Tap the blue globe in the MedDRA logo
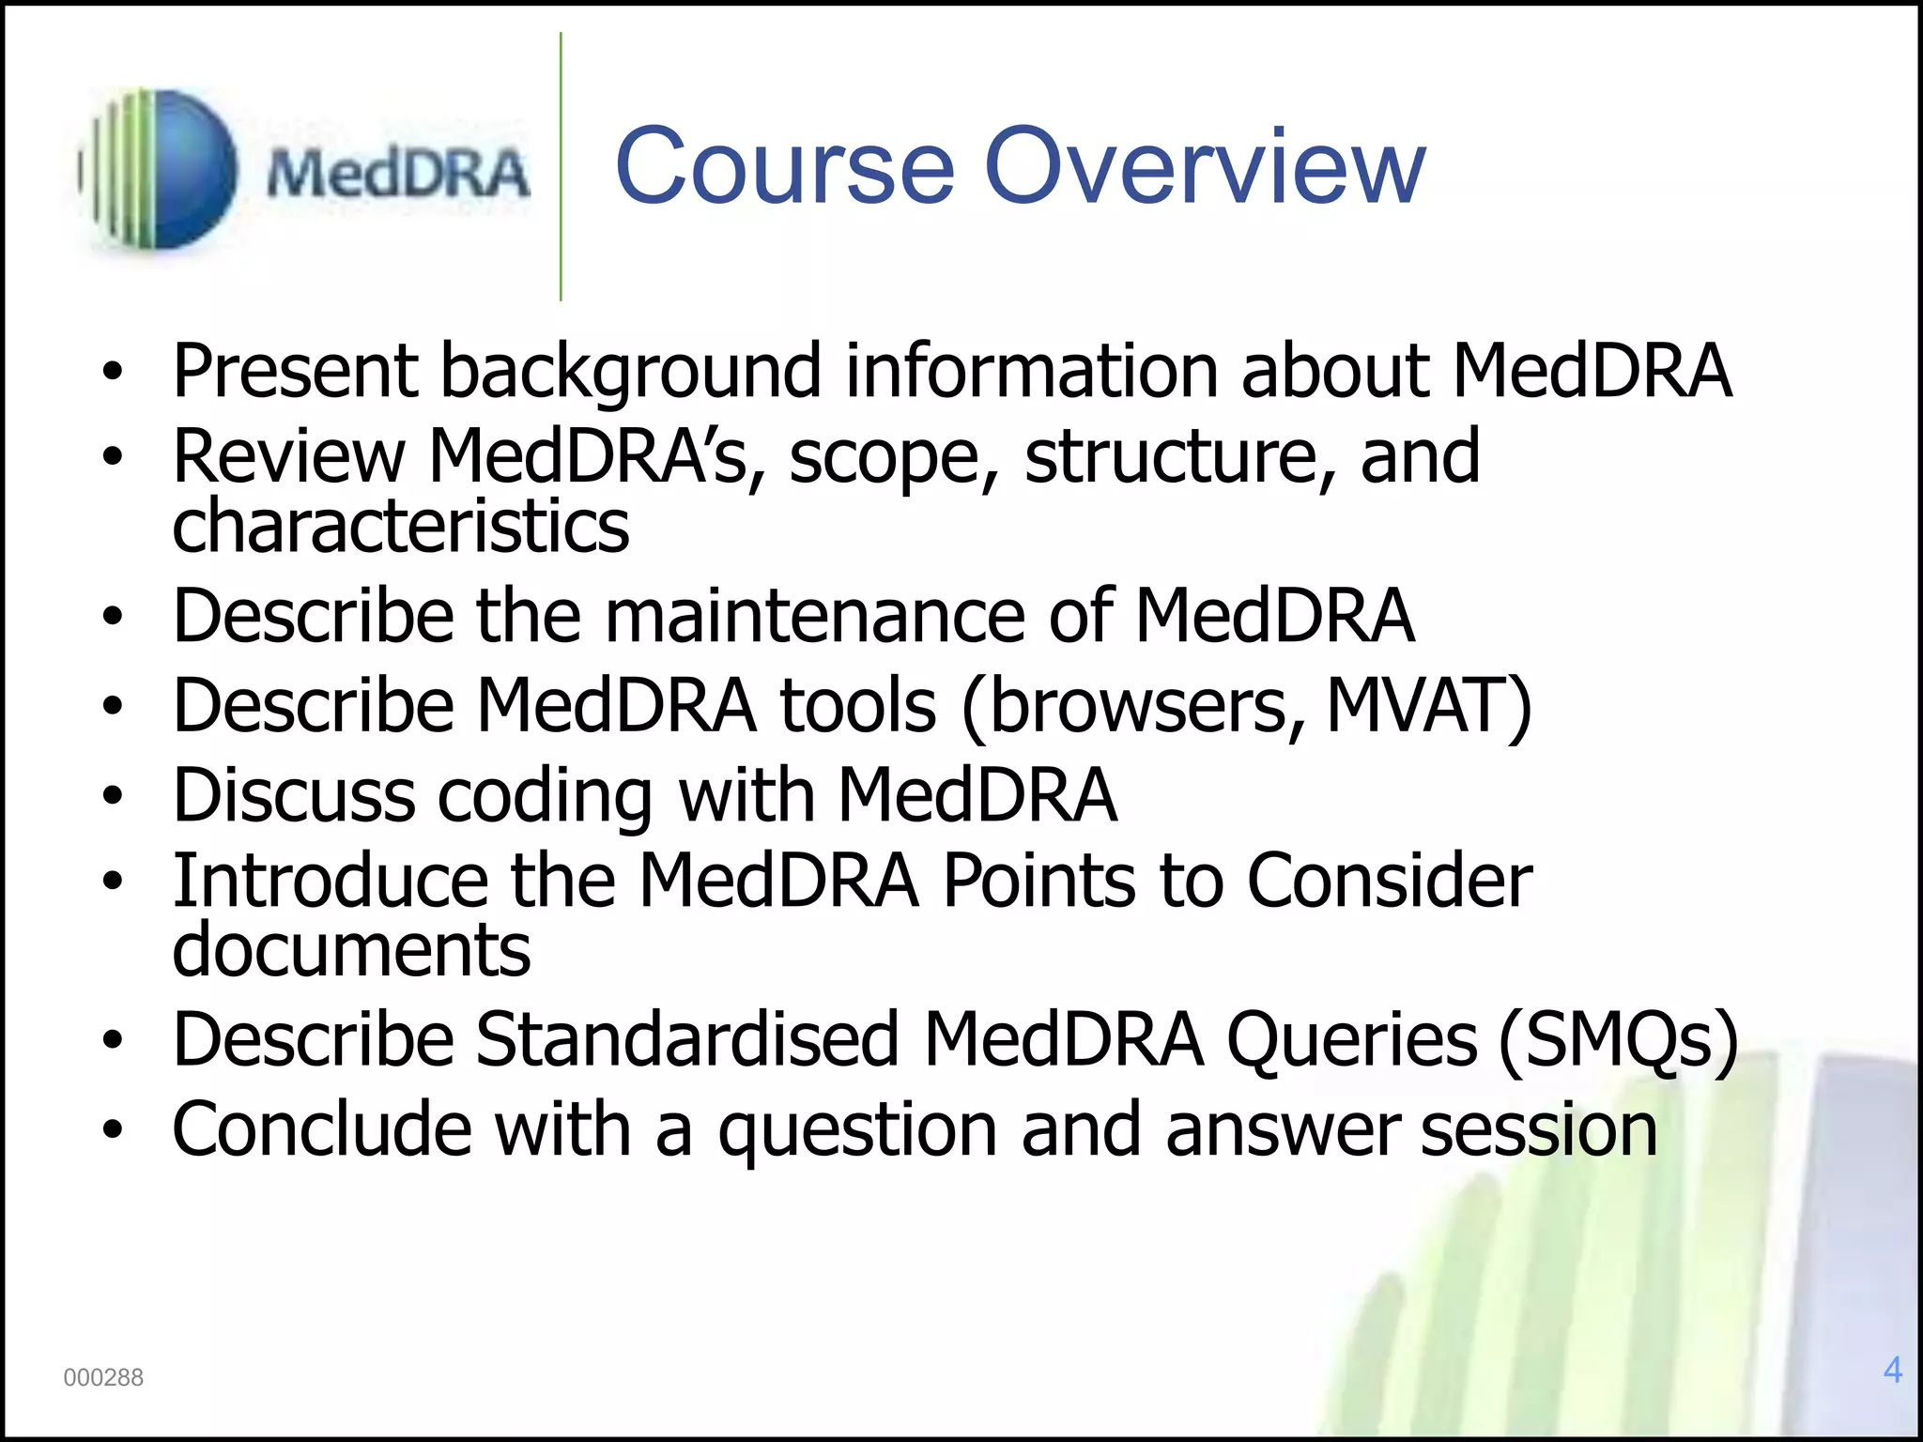point(183,169)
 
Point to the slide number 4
point(1892,1370)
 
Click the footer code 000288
point(103,1377)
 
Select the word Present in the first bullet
point(295,371)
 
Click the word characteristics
point(401,526)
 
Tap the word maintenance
point(815,617)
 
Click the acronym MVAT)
point(1428,706)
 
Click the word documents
point(351,950)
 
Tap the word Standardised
point(687,1040)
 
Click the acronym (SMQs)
point(1618,1040)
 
